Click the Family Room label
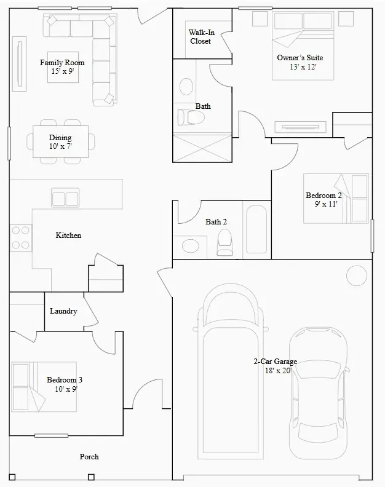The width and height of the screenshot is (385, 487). coord(62,63)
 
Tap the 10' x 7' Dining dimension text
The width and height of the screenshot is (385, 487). coord(61,146)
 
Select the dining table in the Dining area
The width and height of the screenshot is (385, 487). coord(61,141)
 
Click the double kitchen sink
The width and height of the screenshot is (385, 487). coord(65,197)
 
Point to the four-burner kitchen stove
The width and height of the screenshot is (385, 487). coord(21,237)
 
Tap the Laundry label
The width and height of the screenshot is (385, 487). coord(63,311)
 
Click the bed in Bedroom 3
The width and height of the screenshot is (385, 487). coord(44,387)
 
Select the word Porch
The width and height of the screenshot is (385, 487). coord(89,456)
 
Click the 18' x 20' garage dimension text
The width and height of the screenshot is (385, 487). coord(278,371)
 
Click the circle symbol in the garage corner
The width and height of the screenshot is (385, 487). coord(357,275)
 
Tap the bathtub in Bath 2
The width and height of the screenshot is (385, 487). coord(256,229)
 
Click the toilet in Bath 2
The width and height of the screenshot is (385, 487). coord(224,242)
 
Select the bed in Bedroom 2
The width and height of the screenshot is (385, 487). coord(336,199)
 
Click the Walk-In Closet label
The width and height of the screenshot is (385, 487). coord(201,37)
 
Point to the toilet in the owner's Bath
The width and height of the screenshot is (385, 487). coord(191,117)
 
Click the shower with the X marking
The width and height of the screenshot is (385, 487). coord(202,148)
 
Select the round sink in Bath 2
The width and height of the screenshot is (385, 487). coord(191,247)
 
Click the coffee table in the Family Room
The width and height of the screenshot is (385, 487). coord(63,68)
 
